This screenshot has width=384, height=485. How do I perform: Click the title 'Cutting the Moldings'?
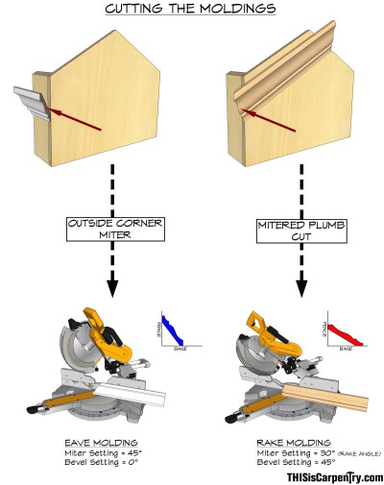(191, 10)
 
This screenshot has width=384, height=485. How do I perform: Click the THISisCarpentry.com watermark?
(333, 476)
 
